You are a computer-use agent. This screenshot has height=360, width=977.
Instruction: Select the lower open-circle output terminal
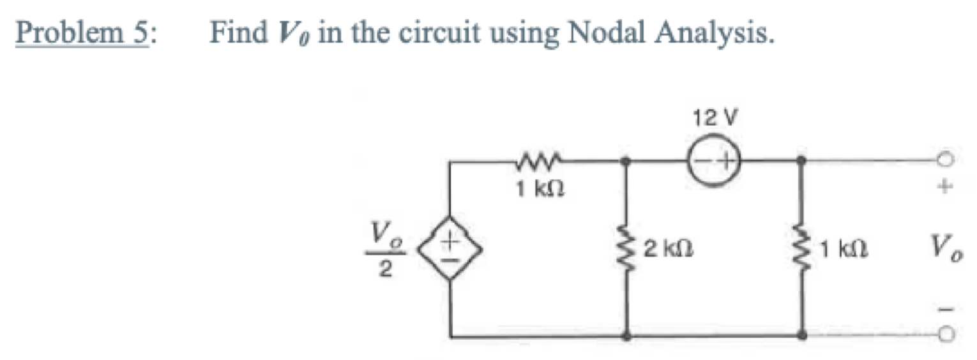pos(948,334)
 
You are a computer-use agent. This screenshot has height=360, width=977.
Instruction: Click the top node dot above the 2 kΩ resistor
pos(627,163)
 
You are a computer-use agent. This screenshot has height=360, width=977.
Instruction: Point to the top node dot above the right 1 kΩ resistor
pos(803,163)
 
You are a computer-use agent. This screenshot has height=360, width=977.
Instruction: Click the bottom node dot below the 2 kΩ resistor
pos(627,335)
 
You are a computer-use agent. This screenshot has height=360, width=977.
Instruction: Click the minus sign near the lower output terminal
pos(948,309)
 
